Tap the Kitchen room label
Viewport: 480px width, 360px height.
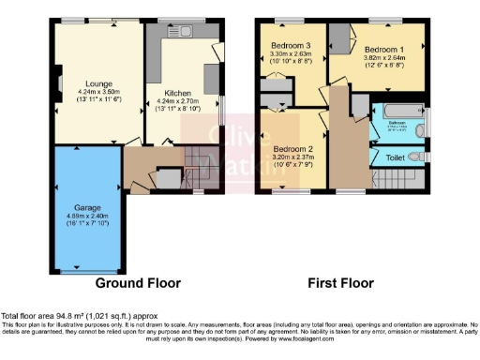[178, 93]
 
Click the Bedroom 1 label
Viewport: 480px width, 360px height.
[382, 49]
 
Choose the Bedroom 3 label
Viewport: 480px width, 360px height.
[291, 45]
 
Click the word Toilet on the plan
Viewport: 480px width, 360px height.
[397, 158]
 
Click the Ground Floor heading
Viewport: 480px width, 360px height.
[138, 282]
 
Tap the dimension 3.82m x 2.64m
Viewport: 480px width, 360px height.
[382, 58]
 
